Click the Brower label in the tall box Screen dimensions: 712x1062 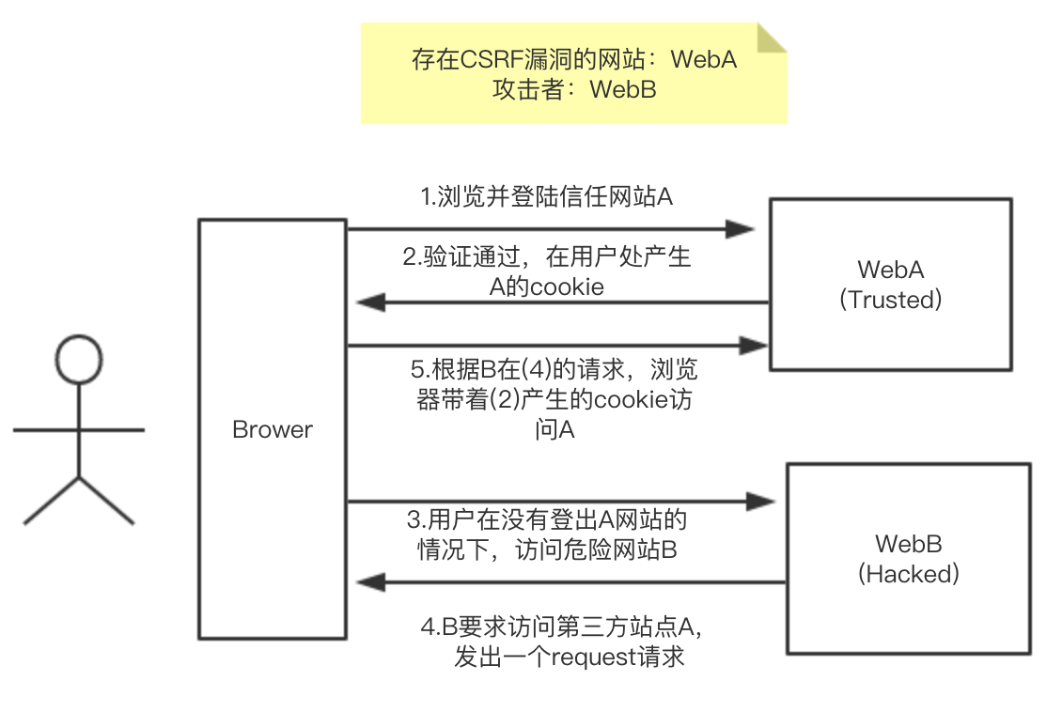point(273,430)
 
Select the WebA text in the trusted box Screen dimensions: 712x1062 point(890,270)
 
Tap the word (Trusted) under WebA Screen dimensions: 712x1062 point(890,300)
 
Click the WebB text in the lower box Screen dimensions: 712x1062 point(908,544)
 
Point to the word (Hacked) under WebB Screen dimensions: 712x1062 point(908,574)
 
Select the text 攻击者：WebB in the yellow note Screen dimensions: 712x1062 point(573,90)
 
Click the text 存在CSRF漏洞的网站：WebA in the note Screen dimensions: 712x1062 point(573,60)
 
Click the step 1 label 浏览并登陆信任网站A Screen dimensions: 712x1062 point(546,197)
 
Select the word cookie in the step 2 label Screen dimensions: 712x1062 point(567,287)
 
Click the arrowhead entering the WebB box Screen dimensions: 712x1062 point(762,503)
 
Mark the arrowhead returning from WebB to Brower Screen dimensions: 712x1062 point(370,582)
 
